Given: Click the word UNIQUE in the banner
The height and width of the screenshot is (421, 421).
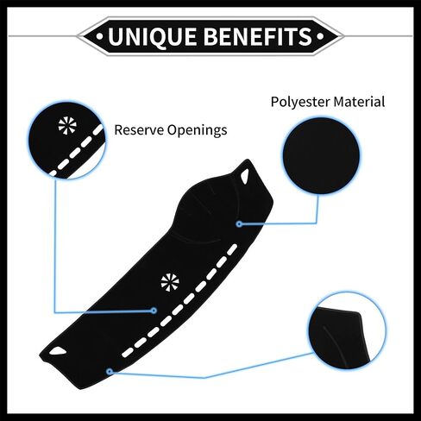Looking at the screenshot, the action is click(153, 36).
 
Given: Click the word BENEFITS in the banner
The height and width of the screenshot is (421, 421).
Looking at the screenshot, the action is click(258, 36).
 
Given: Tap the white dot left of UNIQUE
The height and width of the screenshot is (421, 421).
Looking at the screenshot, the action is click(100, 36).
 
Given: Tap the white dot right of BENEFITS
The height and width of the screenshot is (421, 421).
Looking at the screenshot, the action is click(320, 36).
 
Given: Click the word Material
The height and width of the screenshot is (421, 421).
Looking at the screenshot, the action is click(359, 102).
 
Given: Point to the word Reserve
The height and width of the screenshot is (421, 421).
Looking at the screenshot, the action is click(139, 130).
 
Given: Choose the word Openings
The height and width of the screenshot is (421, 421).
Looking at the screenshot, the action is click(198, 130).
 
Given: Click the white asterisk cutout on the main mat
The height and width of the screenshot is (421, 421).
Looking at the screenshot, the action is click(170, 282).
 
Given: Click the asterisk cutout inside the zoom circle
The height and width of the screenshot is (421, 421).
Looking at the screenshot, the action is click(67, 126).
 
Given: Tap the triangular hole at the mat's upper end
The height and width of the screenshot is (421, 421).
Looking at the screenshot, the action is click(245, 176).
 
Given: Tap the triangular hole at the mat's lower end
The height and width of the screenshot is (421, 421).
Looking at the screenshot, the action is click(58, 351).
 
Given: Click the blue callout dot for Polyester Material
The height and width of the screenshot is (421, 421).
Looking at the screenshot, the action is click(239, 223).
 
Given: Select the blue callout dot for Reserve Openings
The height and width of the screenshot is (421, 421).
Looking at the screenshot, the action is click(154, 311).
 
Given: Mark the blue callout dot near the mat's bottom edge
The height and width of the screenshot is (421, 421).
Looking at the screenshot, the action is click(110, 372).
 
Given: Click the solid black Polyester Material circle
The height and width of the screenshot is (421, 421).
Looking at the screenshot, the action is click(321, 155).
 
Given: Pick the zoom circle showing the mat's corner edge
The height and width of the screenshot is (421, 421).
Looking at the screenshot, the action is click(347, 330).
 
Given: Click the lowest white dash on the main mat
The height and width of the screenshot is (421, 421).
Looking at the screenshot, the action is click(128, 353).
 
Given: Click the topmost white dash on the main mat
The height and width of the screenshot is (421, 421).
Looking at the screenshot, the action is click(232, 250).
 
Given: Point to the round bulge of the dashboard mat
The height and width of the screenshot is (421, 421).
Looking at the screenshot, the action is click(205, 209).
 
